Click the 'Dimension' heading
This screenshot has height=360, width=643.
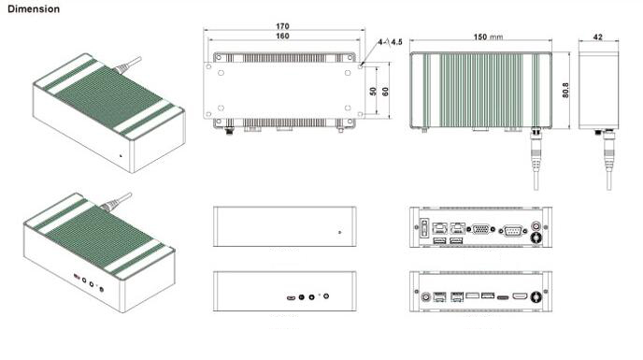point(34,9)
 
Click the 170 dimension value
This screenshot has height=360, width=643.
point(282,26)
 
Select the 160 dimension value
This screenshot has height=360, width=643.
point(282,36)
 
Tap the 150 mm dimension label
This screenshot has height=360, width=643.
point(488,37)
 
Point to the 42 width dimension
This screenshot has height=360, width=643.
point(598,37)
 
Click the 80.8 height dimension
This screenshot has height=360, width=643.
point(566,91)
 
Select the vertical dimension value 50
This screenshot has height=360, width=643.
point(373,91)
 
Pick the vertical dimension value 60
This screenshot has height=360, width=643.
point(385,91)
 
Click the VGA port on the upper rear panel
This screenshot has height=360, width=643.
point(481,229)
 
